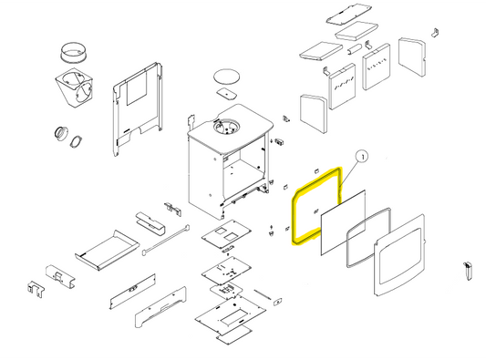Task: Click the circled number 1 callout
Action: pos(362,157)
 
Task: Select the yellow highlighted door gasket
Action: pos(293,217)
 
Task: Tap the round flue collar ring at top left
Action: pos(73,53)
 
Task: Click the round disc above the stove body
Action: pos(226,76)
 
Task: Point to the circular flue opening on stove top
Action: pos(226,127)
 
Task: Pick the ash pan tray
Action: pos(107,250)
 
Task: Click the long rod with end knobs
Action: pos(166,240)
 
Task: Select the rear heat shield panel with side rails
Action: pos(137,109)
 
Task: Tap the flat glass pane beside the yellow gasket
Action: pos(343,222)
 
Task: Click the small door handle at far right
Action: pos(468,271)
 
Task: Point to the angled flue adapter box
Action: pos(75,88)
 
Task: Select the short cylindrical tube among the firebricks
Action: pos(354,49)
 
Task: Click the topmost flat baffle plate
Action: pos(349,15)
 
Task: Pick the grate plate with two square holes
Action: pos(226,234)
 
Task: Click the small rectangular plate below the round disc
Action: pos(226,93)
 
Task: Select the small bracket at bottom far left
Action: pos(36,289)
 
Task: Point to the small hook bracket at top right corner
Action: pos(435,33)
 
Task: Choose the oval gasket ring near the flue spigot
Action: pos(76,141)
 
